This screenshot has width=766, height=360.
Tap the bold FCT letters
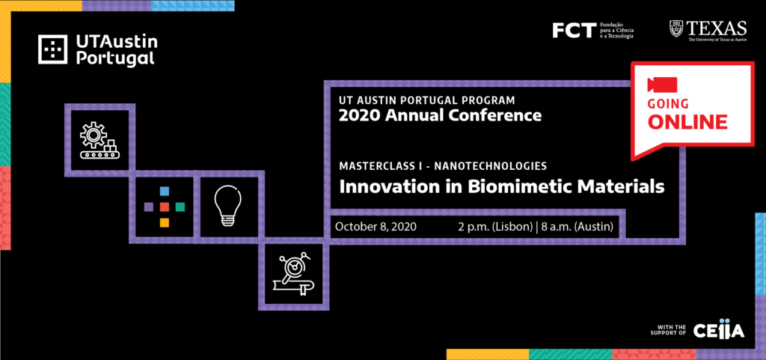[x=574, y=30]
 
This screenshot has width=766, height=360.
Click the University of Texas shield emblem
[x=676, y=29]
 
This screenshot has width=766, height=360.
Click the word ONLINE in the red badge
[x=687, y=122]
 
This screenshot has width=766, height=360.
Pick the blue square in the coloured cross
[x=164, y=191]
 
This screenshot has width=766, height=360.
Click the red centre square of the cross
[x=164, y=207]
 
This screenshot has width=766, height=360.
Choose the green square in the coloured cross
[x=180, y=207]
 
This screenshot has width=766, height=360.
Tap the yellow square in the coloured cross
[x=164, y=222]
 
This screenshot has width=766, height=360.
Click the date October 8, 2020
[x=376, y=227]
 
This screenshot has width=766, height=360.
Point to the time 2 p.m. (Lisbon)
[x=495, y=227]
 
